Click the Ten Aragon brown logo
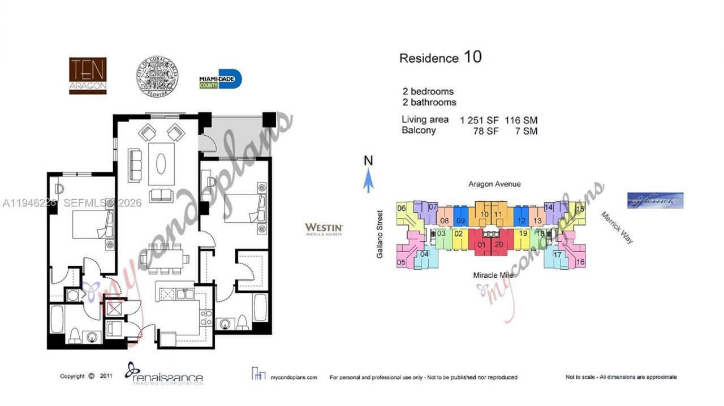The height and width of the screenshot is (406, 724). tap(88, 76)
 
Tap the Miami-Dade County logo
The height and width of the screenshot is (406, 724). tap(220, 80)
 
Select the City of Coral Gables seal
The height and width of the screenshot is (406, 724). tap(153, 76)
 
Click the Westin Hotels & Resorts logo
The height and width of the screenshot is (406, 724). tap(324, 229)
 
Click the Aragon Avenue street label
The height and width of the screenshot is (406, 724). tap(494, 184)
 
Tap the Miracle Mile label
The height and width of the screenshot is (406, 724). tap(493, 275)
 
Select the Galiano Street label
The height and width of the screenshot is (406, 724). tap(380, 235)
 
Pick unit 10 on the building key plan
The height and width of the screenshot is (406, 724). tap(484, 215)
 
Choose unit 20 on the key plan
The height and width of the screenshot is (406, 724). tap(498, 244)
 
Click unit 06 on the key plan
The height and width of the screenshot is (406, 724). tap(402, 209)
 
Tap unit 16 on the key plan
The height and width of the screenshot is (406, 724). tap(580, 262)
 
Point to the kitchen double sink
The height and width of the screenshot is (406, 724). tap(184, 293)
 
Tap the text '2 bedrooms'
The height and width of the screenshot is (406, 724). tap(428, 92)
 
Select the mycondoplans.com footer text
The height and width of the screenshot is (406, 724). tap(294, 377)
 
